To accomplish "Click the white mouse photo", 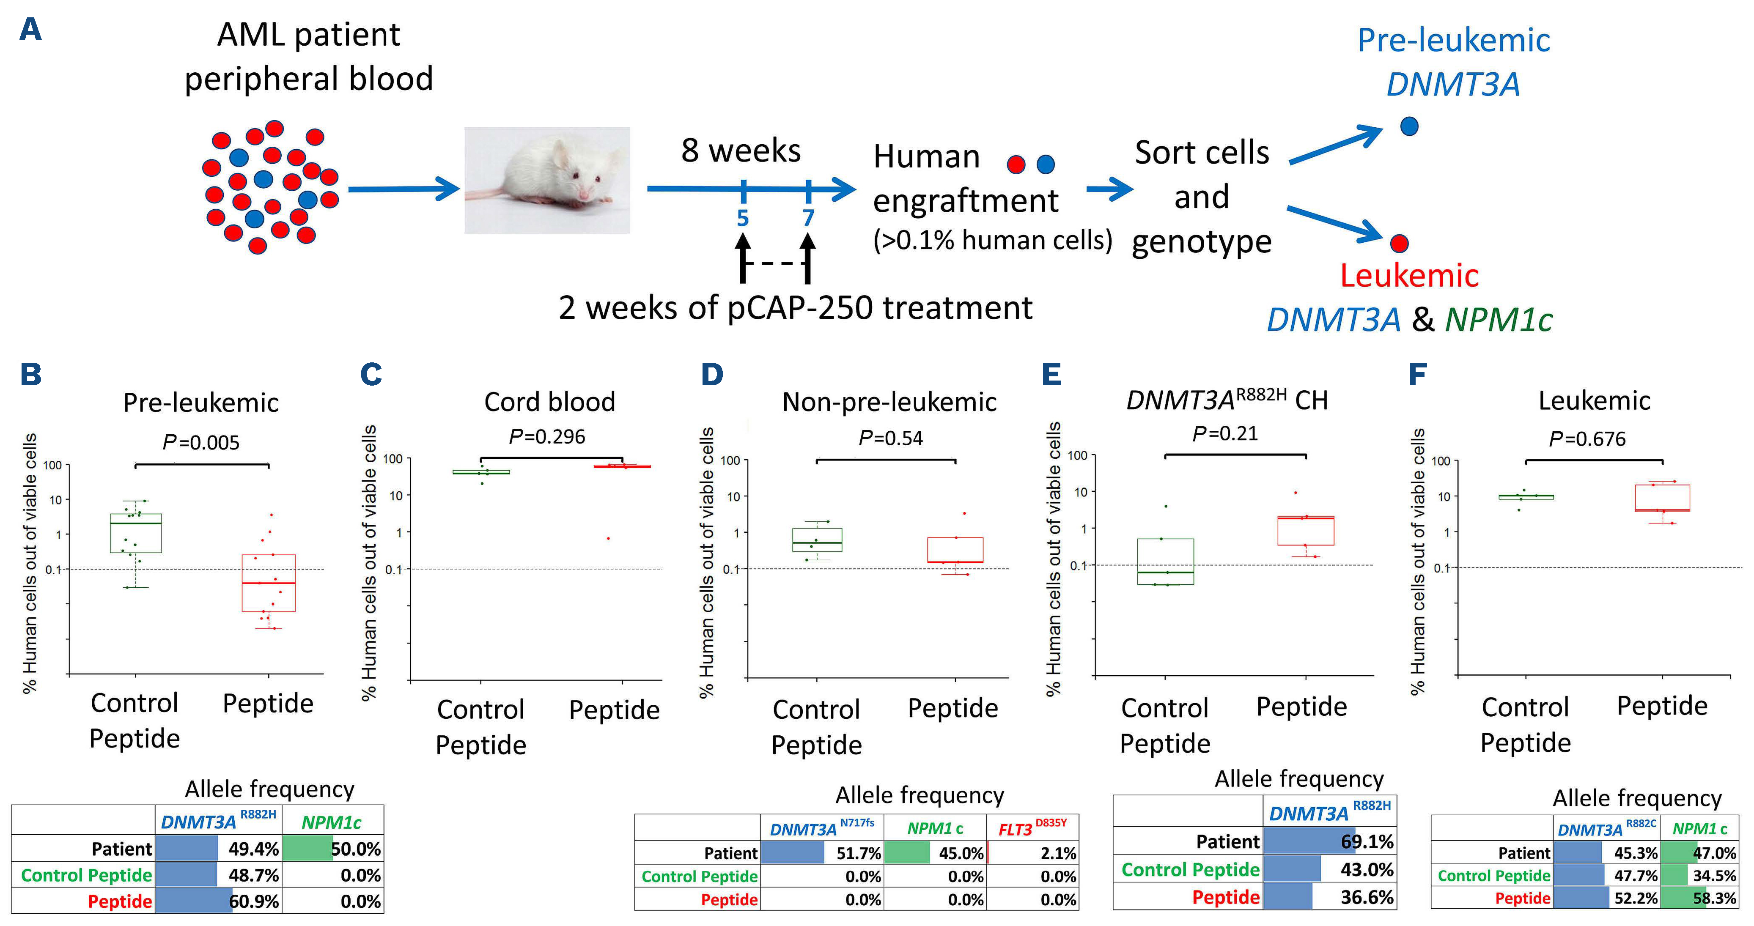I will tap(547, 181).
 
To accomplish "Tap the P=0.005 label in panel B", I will tap(201, 443).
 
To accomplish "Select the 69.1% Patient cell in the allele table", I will tap(1329, 841).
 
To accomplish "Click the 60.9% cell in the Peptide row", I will tap(218, 901).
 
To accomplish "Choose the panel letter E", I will tap(1051, 375).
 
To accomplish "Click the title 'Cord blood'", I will tap(549, 402).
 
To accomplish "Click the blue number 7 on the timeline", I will tap(808, 218).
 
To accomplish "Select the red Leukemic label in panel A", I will tap(1409, 276).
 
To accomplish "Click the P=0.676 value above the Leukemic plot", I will tap(1587, 439).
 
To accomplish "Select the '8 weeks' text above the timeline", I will tap(741, 151).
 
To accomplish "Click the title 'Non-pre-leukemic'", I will tap(889, 403).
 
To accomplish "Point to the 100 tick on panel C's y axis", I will tap(393, 459).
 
